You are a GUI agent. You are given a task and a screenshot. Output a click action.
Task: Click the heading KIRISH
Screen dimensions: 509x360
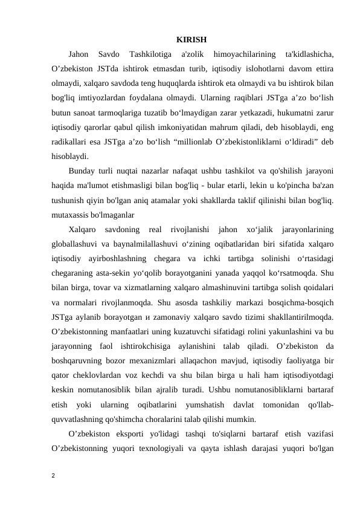[x=191, y=40]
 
